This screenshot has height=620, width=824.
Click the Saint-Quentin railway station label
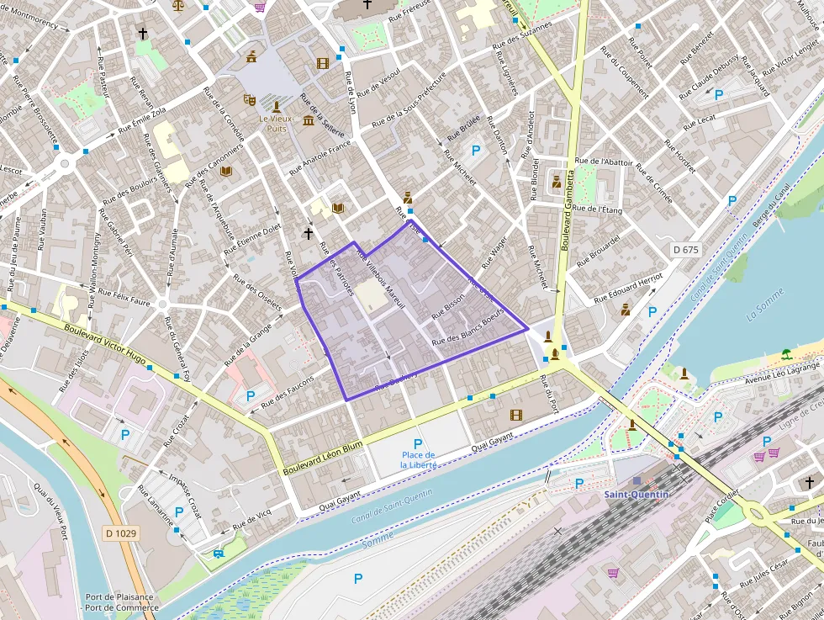click(x=636, y=494)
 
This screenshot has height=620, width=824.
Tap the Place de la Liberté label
click(x=417, y=459)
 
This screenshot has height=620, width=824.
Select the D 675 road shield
click(x=686, y=250)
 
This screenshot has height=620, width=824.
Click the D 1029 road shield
click(x=122, y=533)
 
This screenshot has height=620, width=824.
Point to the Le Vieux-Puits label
click(x=277, y=124)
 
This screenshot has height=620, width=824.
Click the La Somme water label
click(x=764, y=304)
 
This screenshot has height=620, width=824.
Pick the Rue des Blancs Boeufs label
click(x=467, y=328)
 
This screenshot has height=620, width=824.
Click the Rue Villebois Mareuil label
click(x=381, y=279)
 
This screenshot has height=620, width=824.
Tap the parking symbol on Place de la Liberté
click(x=417, y=443)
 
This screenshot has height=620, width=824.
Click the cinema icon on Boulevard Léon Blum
click(x=515, y=414)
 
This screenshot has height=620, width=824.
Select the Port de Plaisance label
click(x=119, y=597)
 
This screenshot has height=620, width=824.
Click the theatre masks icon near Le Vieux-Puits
click(x=250, y=99)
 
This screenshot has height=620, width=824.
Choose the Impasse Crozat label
click(x=184, y=496)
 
